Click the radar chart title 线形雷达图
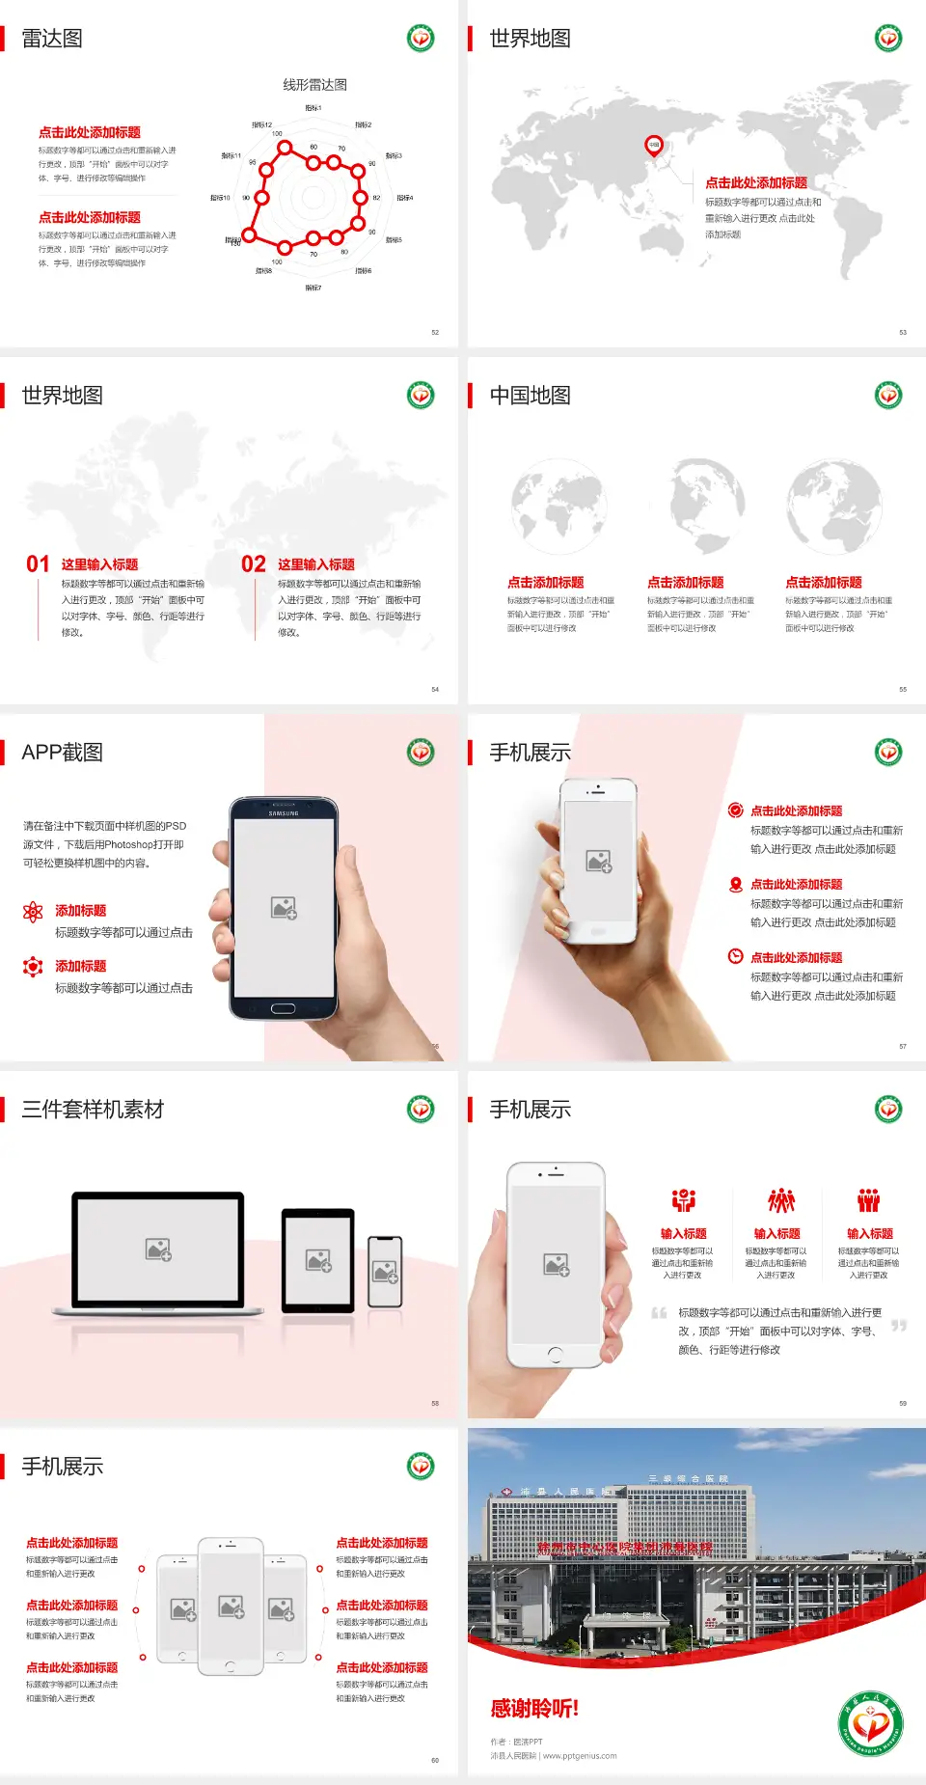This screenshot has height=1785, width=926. pyautogui.click(x=314, y=85)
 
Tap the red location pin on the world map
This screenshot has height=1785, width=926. pyautogui.click(x=653, y=145)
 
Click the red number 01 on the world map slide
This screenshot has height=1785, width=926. pyautogui.click(x=38, y=564)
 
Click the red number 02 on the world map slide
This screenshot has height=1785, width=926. pyautogui.click(x=254, y=564)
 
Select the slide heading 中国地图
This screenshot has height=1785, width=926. pyautogui.click(x=530, y=396)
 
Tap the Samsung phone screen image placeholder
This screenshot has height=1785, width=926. pyautogui.click(x=284, y=908)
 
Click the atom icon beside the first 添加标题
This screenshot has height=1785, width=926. pyautogui.click(x=33, y=912)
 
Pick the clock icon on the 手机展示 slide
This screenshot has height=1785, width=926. pyautogui.click(x=735, y=956)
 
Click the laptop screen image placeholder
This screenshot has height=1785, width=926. pyautogui.click(x=158, y=1249)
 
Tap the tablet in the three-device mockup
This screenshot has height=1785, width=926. pyautogui.click(x=318, y=1260)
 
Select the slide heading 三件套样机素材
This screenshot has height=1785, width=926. pyautogui.click(x=93, y=1110)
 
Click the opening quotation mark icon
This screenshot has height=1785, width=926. pyautogui.click(x=659, y=1313)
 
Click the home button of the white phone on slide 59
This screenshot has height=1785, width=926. pyautogui.click(x=555, y=1355)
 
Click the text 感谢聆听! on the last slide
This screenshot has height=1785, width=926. pyautogui.click(x=534, y=1709)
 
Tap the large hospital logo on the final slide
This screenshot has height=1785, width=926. pyautogui.click(x=870, y=1724)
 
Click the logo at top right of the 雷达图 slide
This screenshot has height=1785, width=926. pyautogui.click(x=421, y=39)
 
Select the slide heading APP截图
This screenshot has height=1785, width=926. pyautogui.click(x=63, y=753)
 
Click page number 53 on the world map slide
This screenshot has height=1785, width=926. pyautogui.click(x=903, y=332)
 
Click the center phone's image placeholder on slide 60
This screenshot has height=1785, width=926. pyautogui.click(x=231, y=1606)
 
